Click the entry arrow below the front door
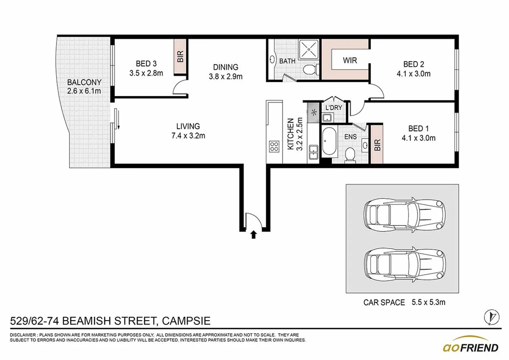(x=254, y=235)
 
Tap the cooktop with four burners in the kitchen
(x=274, y=147)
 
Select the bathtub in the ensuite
(x=329, y=141)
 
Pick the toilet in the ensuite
(x=350, y=155)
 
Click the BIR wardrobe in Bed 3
(x=180, y=56)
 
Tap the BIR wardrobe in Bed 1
(x=377, y=145)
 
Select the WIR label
(x=350, y=60)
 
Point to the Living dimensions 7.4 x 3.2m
(x=188, y=136)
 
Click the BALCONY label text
(x=84, y=82)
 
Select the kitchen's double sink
(x=313, y=152)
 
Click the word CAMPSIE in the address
(x=186, y=321)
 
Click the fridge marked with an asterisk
(x=313, y=112)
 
